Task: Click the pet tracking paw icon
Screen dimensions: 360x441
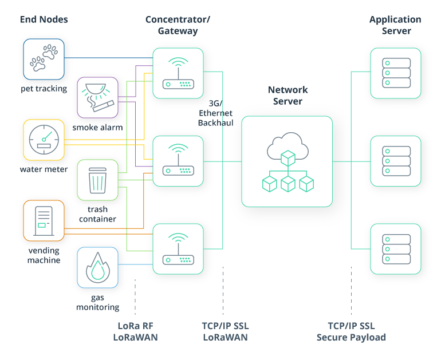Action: coord(44,59)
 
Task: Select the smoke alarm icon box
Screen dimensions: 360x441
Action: coord(97,98)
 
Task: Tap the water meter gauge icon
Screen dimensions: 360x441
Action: coord(44,140)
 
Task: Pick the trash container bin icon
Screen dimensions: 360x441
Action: coord(97,180)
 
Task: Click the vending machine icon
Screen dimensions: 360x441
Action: coord(44,220)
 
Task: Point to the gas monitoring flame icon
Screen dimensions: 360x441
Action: coord(97,267)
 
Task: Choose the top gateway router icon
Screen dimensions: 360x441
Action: coord(178,73)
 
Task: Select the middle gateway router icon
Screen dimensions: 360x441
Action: coord(178,161)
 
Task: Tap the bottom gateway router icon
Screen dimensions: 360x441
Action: coord(178,249)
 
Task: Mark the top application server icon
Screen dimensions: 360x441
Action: coord(395,73)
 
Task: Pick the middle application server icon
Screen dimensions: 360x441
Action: coord(395,161)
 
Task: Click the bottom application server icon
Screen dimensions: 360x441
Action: coord(395,249)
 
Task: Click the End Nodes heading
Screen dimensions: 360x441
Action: coord(44,19)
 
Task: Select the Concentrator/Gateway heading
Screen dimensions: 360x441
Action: coord(178,25)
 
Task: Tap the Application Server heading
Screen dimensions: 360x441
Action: coord(395,25)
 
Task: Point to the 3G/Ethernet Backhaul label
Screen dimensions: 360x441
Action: coord(215,113)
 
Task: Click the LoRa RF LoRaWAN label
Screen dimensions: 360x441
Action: coord(135,331)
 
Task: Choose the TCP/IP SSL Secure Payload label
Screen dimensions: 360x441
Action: coord(351,331)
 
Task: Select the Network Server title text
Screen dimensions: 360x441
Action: coord(288,96)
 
